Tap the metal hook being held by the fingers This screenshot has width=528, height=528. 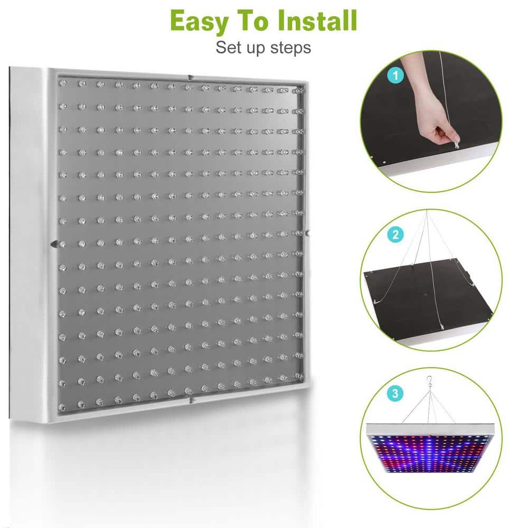pyautogui.click(x=452, y=140)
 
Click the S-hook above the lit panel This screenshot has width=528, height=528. pyautogui.click(x=429, y=382)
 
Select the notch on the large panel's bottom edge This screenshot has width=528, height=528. pyautogui.click(x=191, y=400)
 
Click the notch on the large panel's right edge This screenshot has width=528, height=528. pyautogui.click(x=307, y=232)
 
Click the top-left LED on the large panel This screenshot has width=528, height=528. pyautogui.click(x=63, y=83)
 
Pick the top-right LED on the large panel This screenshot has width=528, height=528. pyautogui.click(x=300, y=91)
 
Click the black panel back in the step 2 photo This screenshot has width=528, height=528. pyautogui.click(x=417, y=301)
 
